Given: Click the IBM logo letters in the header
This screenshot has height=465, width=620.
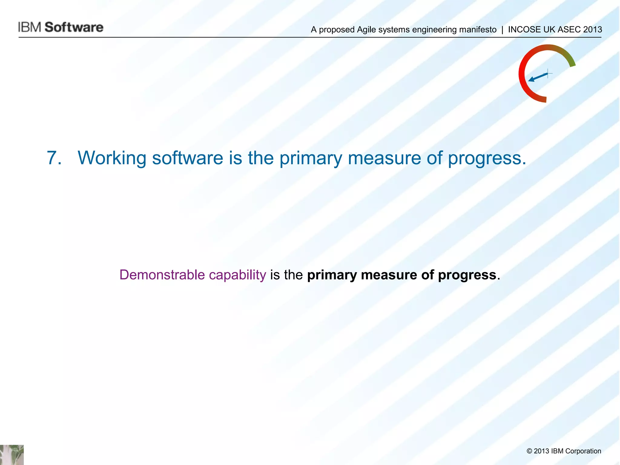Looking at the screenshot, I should (29, 27).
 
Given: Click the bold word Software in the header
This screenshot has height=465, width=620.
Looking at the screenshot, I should (74, 27).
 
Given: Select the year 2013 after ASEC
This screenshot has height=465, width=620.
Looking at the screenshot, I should (592, 30).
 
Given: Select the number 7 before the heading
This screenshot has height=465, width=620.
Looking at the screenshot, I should (54, 158).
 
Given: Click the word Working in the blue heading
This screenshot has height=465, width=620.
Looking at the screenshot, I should (112, 158).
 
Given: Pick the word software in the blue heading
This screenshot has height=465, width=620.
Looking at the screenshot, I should (187, 158).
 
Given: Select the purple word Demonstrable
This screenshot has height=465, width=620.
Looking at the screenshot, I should (162, 275).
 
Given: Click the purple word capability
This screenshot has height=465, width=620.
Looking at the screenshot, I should (237, 275).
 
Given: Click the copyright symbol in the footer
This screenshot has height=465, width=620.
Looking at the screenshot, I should (529, 451).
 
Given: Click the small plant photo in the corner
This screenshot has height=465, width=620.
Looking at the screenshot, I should (12, 455).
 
